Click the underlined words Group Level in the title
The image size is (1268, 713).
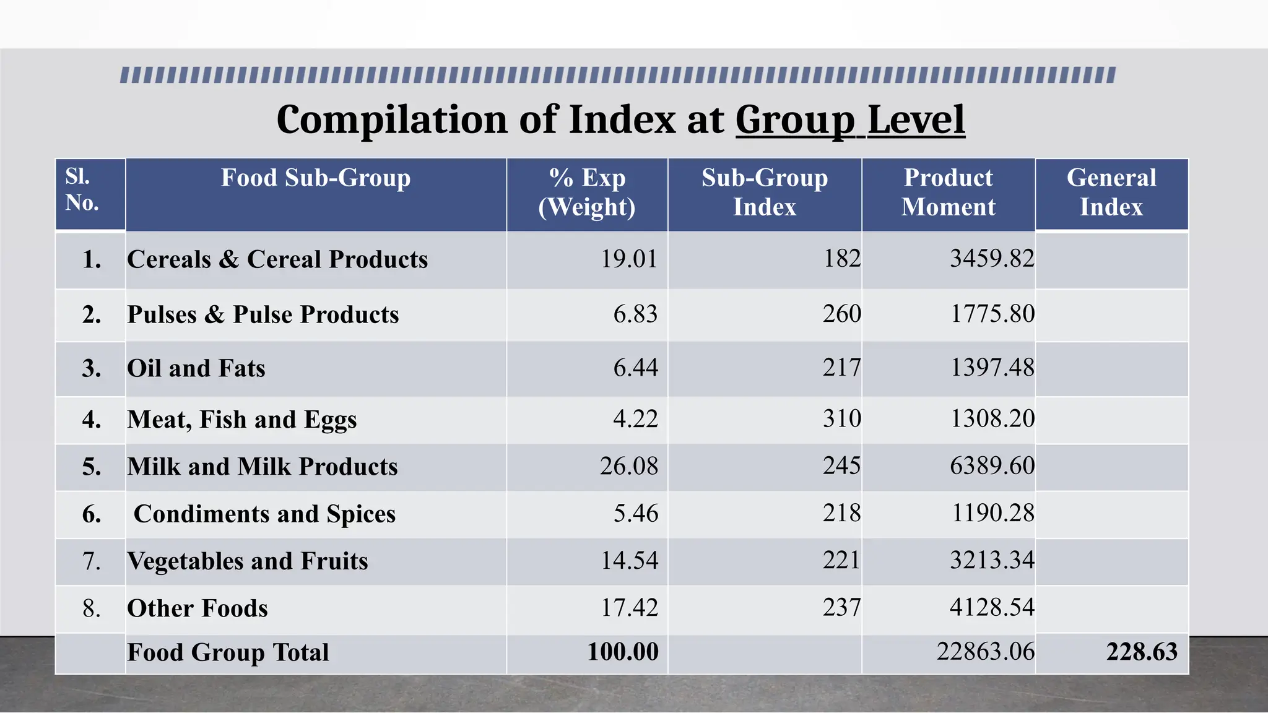[849, 119]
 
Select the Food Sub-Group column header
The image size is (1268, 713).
[316, 178]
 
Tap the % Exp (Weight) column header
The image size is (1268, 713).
[587, 192]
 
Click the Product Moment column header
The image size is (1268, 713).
[948, 192]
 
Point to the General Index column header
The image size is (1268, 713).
[1111, 192]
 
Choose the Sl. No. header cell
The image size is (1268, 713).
[82, 190]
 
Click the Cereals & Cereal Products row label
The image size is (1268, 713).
[277, 259]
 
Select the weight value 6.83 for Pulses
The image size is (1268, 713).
[635, 314]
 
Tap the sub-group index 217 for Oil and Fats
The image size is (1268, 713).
[841, 368]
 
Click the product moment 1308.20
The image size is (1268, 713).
[992, 419]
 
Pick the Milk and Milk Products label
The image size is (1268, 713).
[263, 467]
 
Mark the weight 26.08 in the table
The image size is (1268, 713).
[628, 466]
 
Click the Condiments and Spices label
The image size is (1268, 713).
[264, 514]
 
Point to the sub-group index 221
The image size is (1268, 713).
[841, 560]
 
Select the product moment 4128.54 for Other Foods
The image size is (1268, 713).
[992, 607]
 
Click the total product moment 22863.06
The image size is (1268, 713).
[985, 652]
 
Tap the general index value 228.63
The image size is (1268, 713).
[1142, 652]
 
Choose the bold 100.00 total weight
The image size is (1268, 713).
[623, 652]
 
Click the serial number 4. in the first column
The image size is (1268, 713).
[92, 420]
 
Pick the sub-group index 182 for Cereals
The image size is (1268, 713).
[842, 258]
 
